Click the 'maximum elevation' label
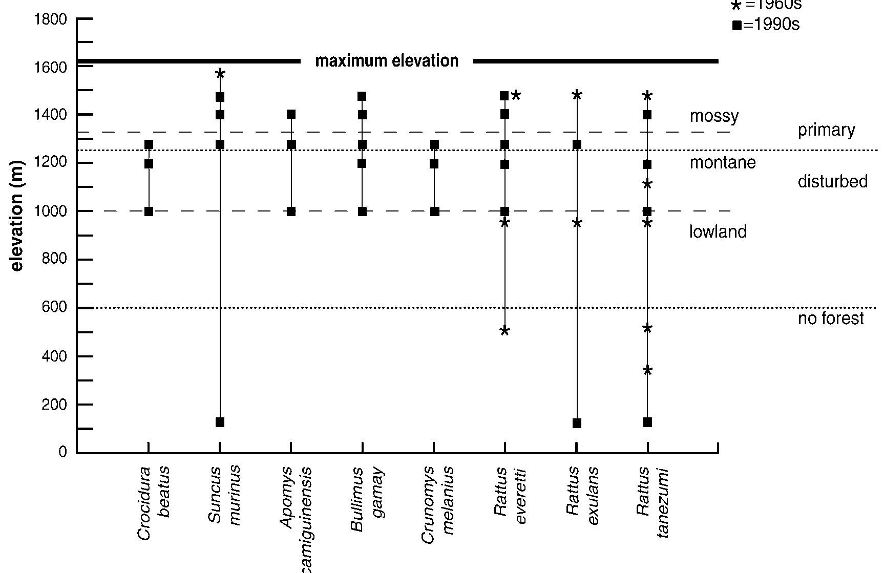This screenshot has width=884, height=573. (387, 61)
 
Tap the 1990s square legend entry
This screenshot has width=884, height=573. (766, 25)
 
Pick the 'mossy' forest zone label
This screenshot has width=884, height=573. (714, 116)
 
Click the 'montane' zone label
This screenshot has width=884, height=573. (722, 163)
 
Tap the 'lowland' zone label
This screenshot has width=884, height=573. (718, 232)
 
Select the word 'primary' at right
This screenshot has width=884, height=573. (826, 130)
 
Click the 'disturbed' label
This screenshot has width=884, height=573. (832, 181)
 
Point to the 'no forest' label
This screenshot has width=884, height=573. (831, 319)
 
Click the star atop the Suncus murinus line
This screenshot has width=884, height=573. (220, 74)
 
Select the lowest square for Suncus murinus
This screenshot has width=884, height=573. (220, 422)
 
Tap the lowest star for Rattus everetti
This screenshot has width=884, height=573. (504, 331)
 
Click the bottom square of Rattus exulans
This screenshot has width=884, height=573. (577, 423)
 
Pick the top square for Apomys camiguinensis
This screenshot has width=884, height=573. (291, 114)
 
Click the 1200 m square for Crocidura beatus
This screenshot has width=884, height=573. (149, 164)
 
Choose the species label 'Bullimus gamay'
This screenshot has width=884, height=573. (367, 499)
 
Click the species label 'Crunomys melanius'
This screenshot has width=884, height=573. (438, 504)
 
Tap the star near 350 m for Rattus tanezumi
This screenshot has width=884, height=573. (647, 371)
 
